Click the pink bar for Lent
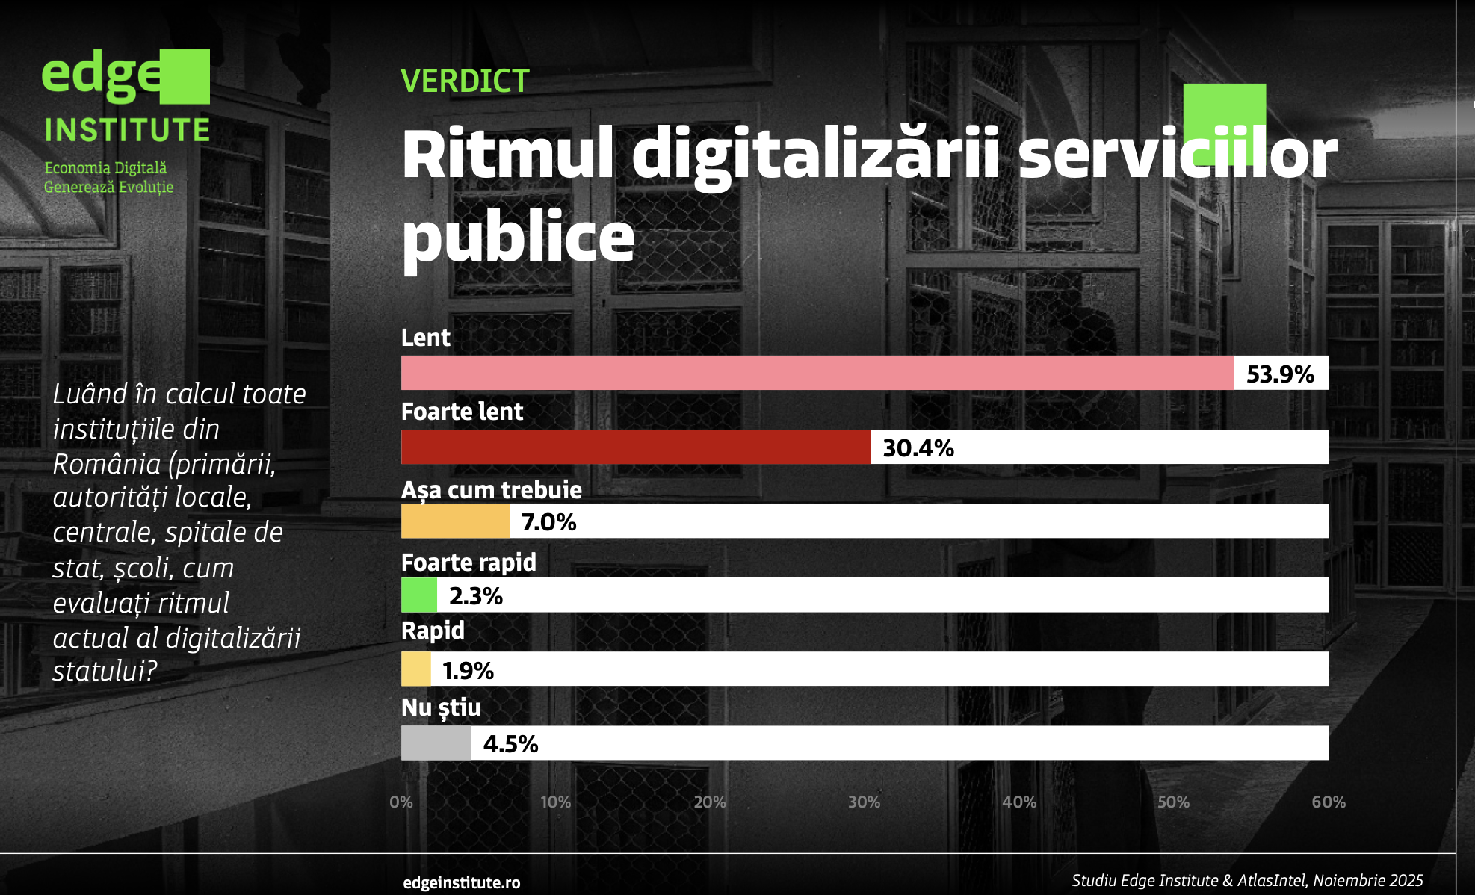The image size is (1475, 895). coord(817,373)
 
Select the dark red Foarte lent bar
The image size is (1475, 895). coord(635,447)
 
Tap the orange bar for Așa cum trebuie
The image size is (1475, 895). coord(455,521)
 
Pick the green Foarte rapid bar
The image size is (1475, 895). coord(418,595)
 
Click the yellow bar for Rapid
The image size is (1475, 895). coord(415,669)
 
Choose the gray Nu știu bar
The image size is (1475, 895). coord(436,743)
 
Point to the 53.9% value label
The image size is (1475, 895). coord(1279,374)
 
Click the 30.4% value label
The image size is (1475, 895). coord(918,447)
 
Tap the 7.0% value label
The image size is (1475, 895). coord(548,521)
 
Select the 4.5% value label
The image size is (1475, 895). coord(510,743)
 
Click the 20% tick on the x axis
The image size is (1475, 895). coord(709,802)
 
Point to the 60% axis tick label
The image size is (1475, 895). coord(1328,802)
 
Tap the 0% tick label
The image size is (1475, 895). coord(401,802)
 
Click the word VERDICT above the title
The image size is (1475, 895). coord(465,81)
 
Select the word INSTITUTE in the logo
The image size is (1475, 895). coord(127,130)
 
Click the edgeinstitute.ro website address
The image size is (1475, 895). coord(461,882)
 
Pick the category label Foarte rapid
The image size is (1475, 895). coord(469,562)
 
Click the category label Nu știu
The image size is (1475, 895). coord(441,707)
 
